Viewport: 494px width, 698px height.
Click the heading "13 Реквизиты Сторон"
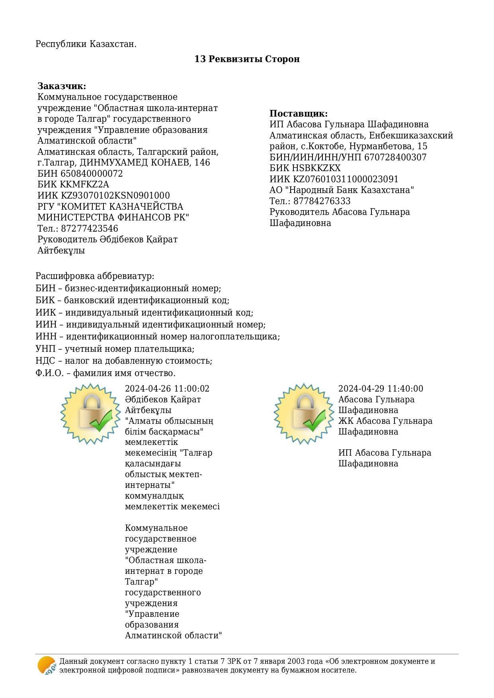click(x=247, y=59)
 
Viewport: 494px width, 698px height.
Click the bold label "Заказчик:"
click(x=62, y=86)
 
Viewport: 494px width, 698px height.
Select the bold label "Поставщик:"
click(x=299, y=113)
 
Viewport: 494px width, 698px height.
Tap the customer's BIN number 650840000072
click(x=92, y=174)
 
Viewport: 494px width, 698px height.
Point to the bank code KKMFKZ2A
click(x=84, y=185)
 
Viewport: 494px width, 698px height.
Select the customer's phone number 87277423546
click(x=89, y=228)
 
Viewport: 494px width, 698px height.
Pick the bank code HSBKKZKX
click(x=317, y=168)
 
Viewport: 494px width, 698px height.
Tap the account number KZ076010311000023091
click(x=346, y=179)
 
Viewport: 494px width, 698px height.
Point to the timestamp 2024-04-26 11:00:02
click(x=167, y=388)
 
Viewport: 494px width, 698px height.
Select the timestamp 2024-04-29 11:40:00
click(x=381, y=388)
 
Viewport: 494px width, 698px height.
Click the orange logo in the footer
click(x=47, y=665)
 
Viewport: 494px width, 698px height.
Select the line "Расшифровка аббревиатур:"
click(x=95, y=276)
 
